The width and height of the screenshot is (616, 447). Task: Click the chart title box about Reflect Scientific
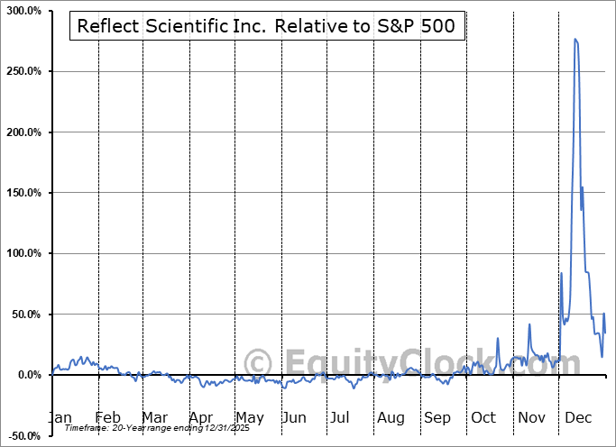(268, 26)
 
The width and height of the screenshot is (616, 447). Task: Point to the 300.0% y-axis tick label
(23, 11)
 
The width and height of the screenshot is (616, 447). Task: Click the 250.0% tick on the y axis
(23, 71)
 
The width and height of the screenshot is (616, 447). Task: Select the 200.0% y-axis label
(23, 132)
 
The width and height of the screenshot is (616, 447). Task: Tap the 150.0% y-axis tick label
(23, 193)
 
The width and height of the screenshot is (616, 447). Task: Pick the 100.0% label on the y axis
(23, 254)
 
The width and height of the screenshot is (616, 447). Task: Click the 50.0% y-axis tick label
(26, 315)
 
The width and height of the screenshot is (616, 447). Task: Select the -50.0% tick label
(23, 436)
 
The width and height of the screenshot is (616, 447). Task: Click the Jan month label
(59, 417)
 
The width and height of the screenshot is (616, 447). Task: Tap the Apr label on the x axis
(201, 417)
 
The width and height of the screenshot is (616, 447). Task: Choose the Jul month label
(339, 417)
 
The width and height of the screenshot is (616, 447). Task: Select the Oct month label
(483, 417)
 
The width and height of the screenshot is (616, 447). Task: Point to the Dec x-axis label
(579, 417)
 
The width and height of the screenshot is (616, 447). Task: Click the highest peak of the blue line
(575, 39)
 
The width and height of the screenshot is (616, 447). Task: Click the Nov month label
(532, 417)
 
